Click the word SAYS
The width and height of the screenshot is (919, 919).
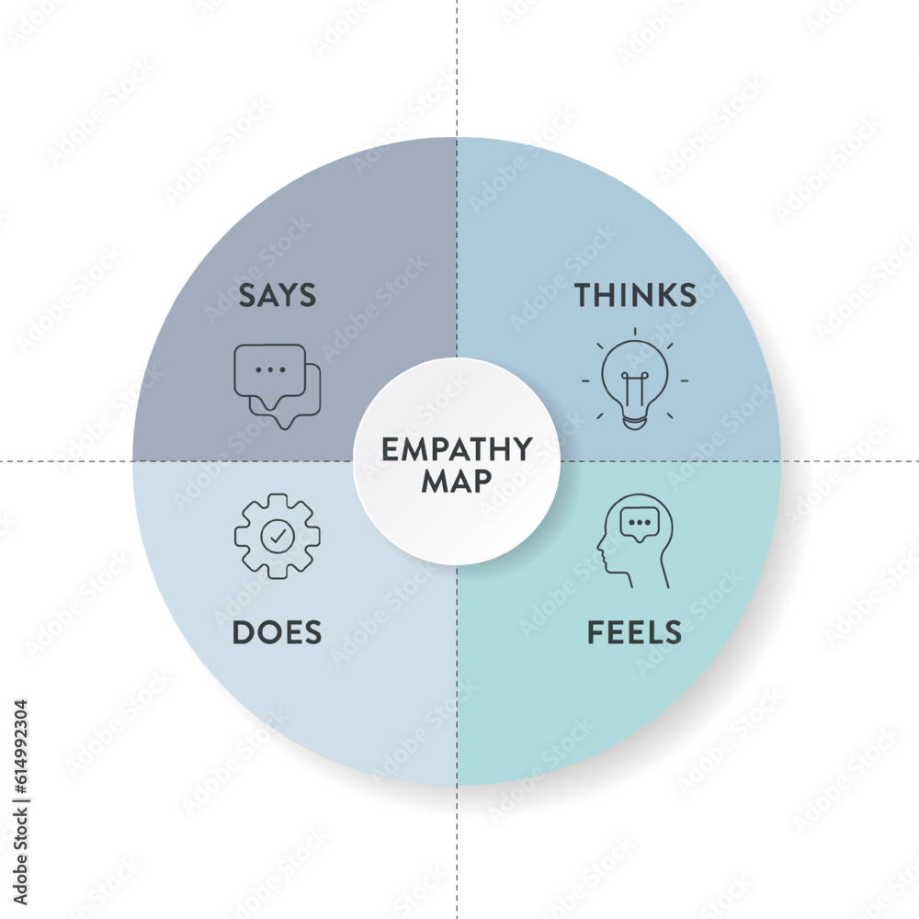[278, 295]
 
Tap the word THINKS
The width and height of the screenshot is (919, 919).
[635, 295]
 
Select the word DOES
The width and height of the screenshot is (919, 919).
[277, 632]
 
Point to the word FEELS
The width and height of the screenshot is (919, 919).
[634, 632]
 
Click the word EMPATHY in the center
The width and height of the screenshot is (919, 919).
[457, 449]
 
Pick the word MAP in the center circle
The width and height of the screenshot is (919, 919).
[457, 482]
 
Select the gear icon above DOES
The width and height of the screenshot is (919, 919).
[277, 536]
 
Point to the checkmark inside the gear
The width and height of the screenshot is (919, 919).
[277, 537]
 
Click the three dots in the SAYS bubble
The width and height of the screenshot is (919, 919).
[269, 369]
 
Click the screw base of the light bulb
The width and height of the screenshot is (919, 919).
[634, 420]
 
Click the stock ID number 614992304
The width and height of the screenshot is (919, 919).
[21, 763]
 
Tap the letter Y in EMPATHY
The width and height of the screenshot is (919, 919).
[522, 449]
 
